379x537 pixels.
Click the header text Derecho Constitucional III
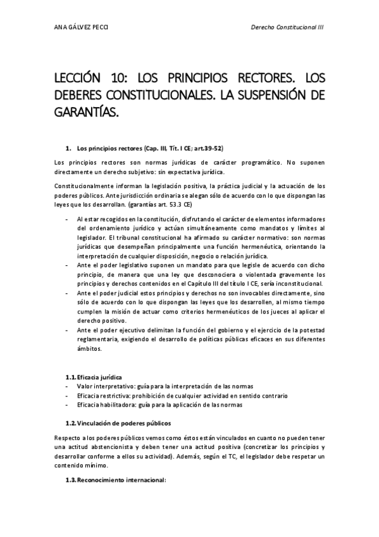[288, 28]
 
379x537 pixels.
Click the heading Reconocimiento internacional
[120, 479]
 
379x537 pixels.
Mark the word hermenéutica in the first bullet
[269, 246]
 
